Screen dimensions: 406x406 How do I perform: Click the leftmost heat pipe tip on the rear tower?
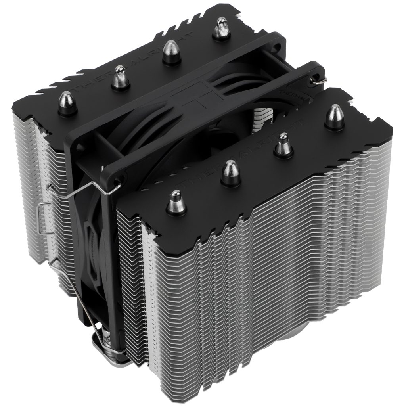67,102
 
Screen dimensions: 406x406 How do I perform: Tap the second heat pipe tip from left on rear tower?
119,78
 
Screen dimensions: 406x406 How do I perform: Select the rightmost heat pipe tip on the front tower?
335,116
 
